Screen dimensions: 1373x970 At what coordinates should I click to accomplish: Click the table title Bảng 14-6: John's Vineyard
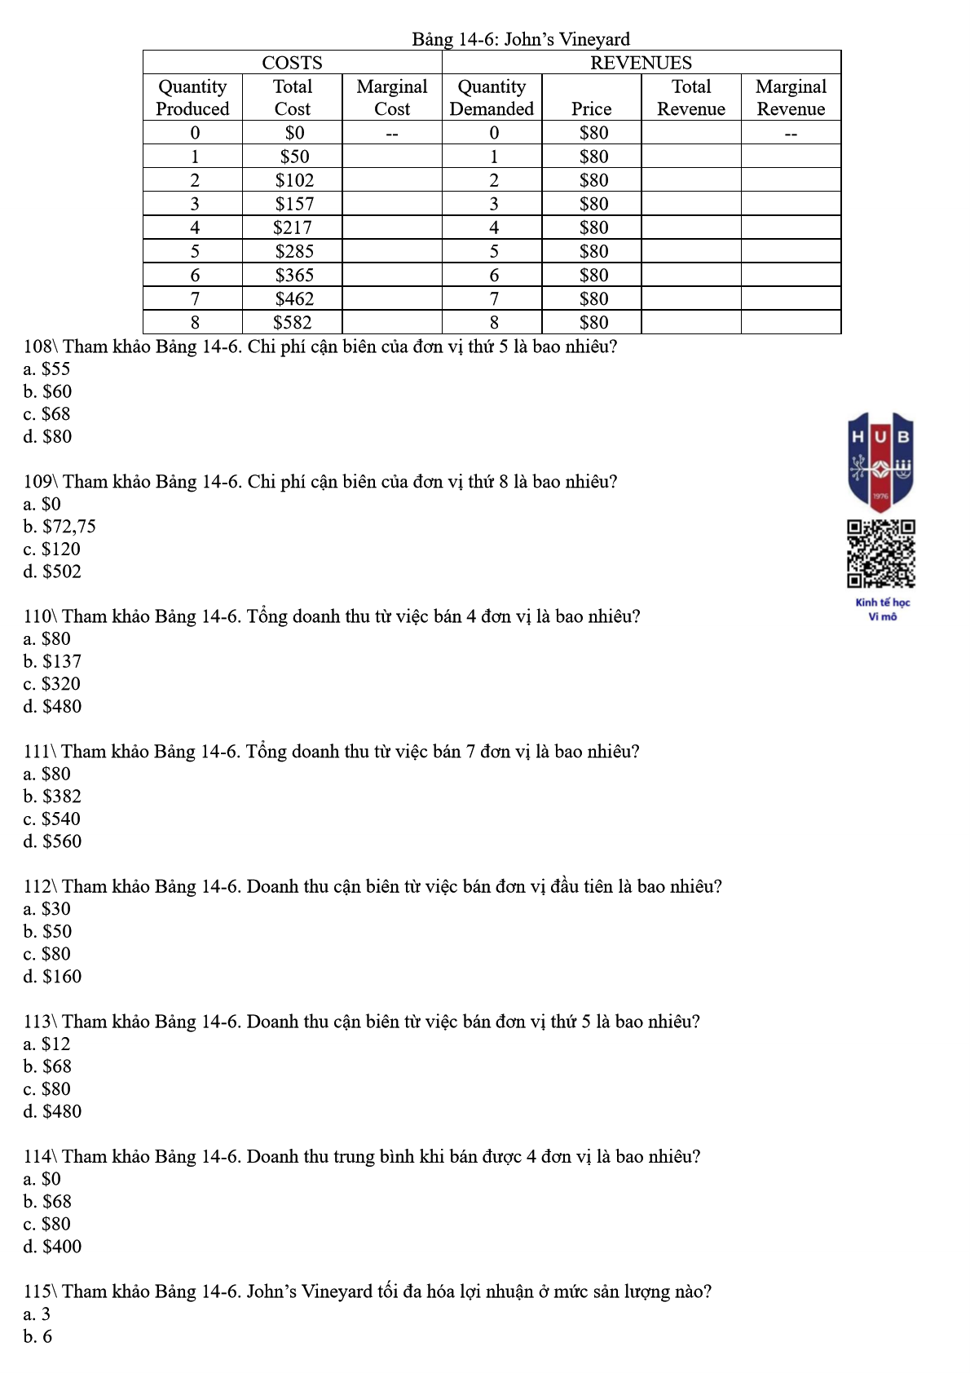pos(520,39)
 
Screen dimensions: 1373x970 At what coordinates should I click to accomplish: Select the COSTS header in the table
pos(292,63)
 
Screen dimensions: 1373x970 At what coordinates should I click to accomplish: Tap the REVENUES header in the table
pos(641,63)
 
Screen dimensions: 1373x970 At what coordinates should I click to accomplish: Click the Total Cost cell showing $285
pos(293,251)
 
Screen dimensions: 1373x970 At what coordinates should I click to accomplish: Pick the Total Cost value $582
pos(293,323)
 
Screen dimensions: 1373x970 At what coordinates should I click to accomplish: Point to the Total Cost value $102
pos(293,180)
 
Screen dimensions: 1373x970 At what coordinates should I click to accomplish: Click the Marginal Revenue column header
pos(791,98)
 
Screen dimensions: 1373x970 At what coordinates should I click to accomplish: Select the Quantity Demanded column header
pos(492,98)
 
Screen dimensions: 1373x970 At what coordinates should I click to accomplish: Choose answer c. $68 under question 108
pos(47,414)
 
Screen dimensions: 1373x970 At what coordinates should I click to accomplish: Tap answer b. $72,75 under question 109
pos(60,527)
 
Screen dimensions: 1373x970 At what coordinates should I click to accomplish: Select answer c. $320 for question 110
pos(52,684)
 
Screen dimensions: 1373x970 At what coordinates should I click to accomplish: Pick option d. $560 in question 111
pos(52,841)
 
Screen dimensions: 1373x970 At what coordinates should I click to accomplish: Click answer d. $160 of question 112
pos(52,977)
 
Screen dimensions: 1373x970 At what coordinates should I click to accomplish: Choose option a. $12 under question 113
pos(47,1044)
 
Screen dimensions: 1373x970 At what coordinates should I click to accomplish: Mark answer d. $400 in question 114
pos(52,1247)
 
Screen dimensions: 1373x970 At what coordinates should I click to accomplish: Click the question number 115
pos(38,1291)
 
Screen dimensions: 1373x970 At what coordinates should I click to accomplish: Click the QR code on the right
pos(880,554)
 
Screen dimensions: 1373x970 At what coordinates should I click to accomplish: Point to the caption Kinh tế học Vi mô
pos(882,609)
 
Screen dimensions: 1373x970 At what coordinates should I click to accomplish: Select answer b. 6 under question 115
pos(37,1336)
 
